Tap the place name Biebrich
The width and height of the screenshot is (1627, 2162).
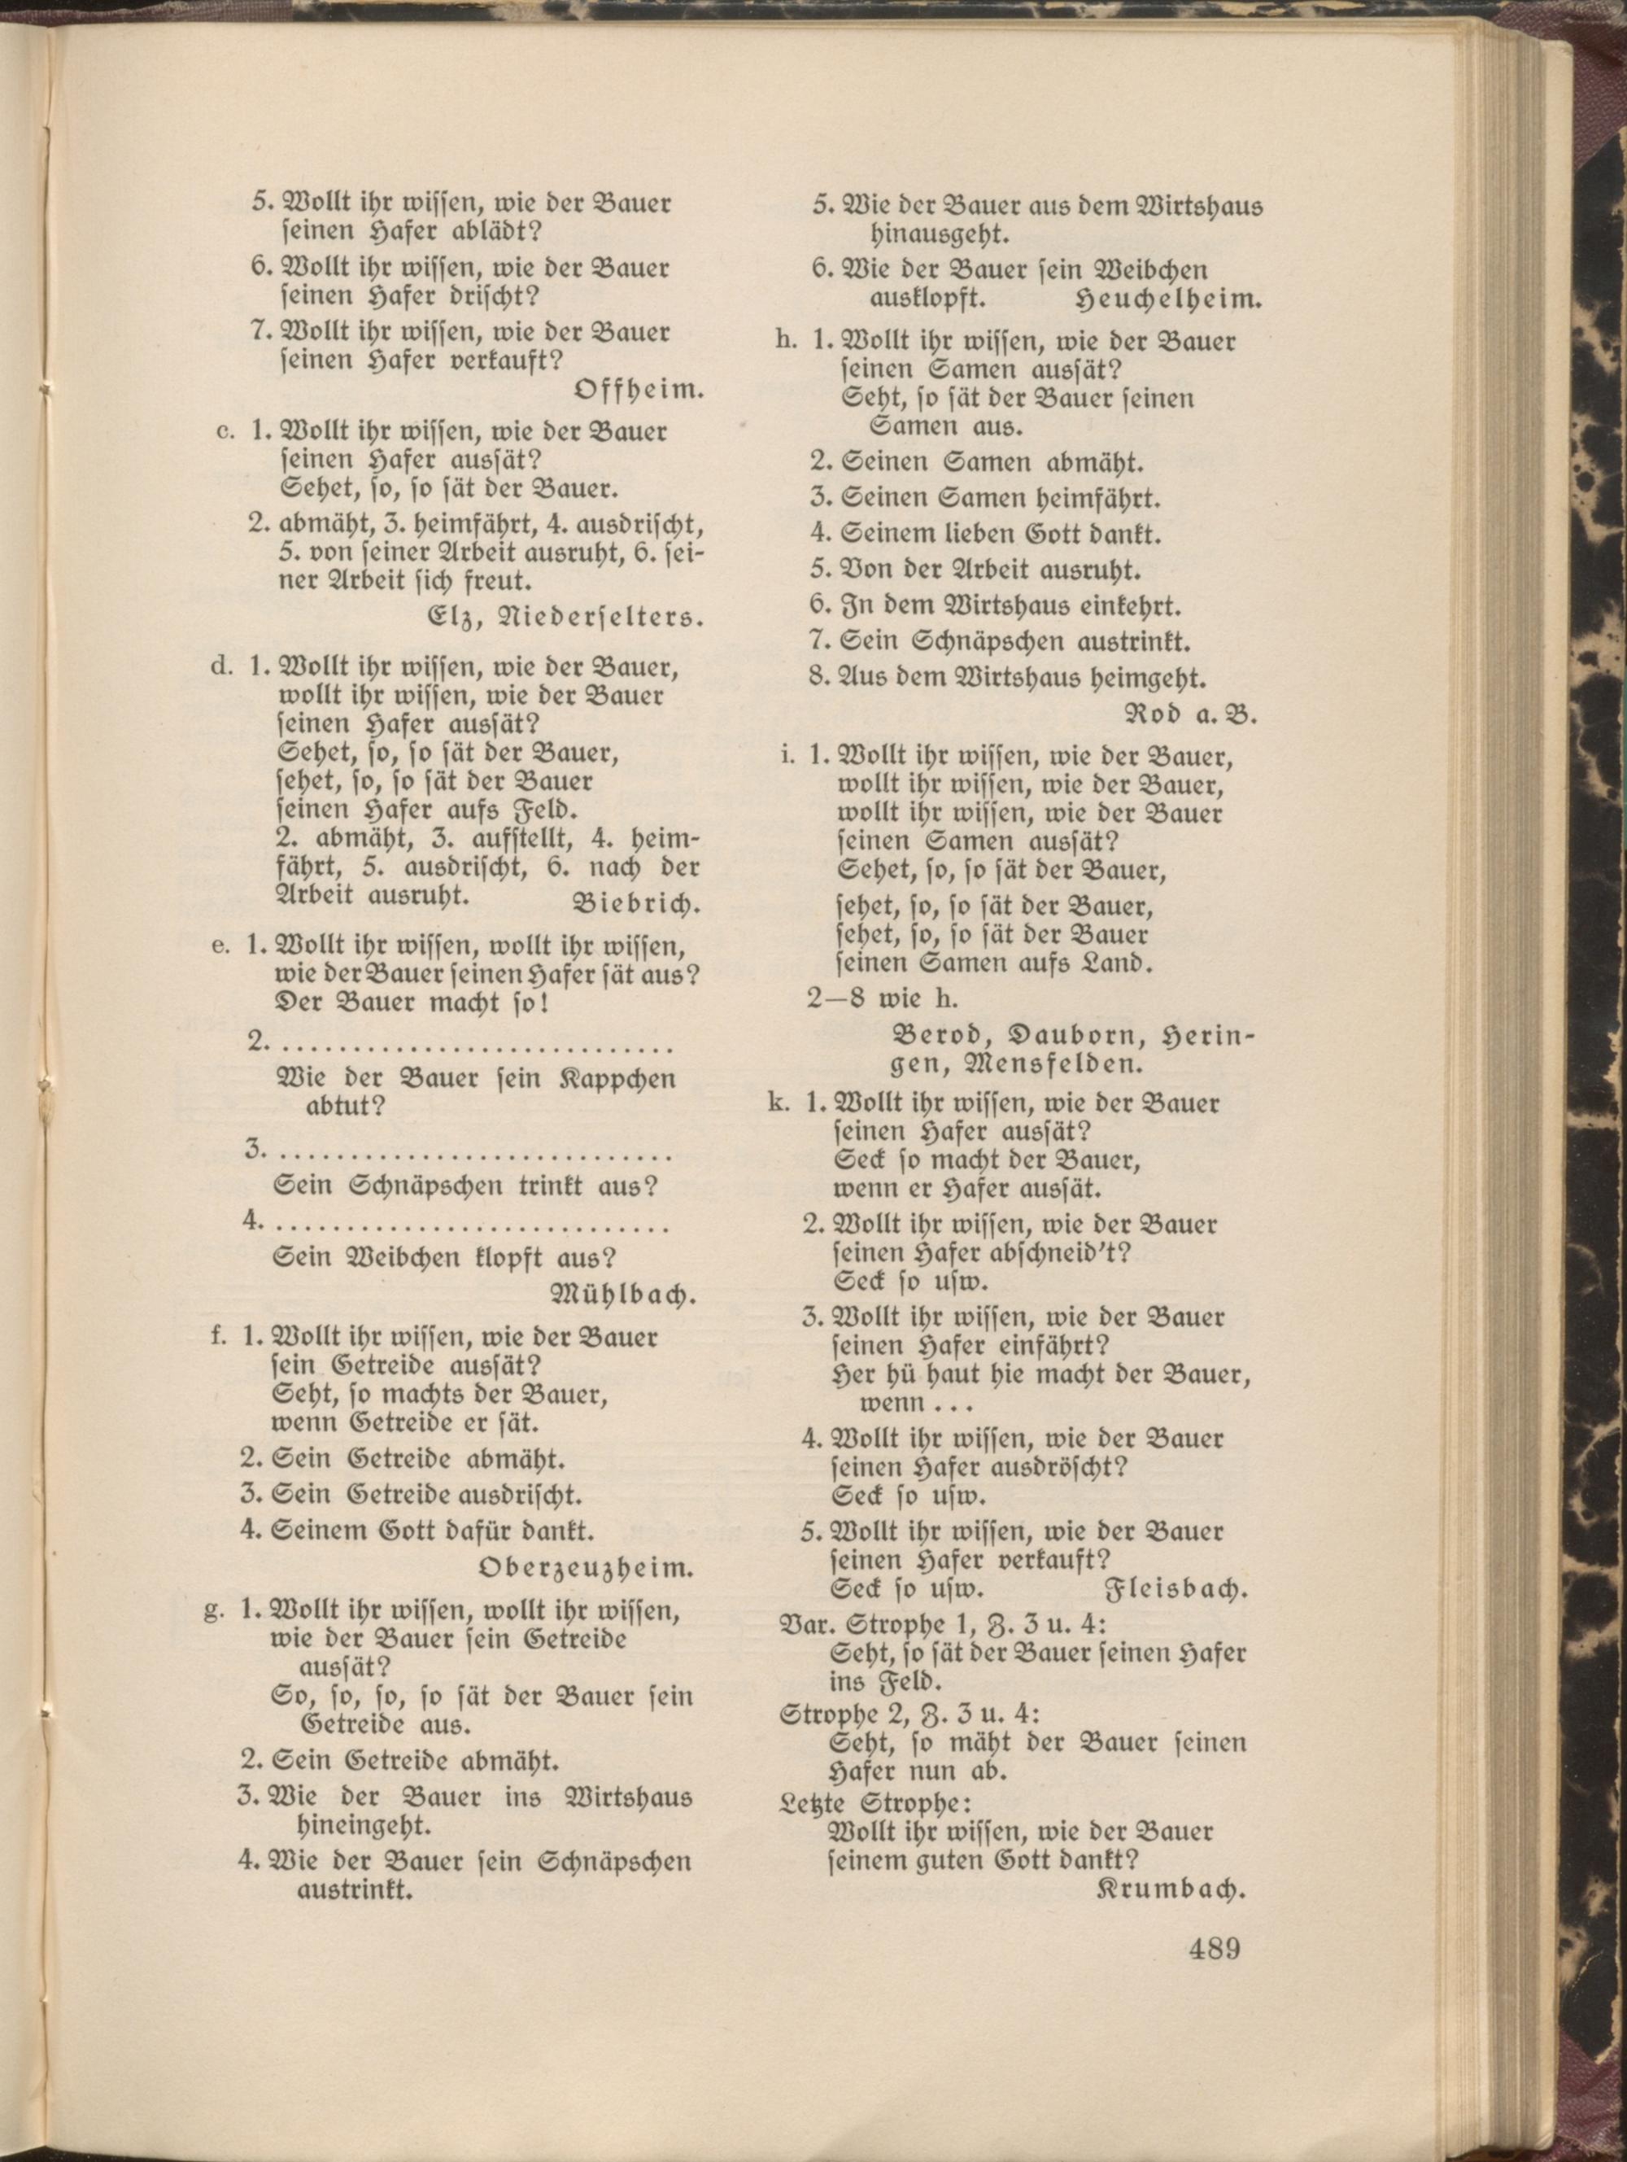pos(635,903)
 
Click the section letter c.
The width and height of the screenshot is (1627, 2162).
pos(223,432)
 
